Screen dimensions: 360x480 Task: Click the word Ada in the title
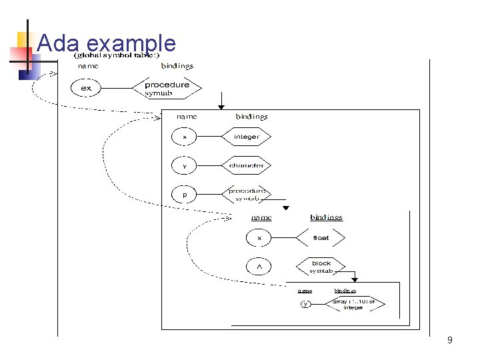coord(59,43)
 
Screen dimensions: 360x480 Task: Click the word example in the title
coord(131,44)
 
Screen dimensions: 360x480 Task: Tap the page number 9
coord(450,341)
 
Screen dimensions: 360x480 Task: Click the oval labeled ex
coord(87,88)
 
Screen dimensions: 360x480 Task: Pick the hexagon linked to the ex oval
coord(167,88)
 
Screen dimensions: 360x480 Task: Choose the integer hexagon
coord(246,137)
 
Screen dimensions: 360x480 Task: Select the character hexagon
coord(246,165)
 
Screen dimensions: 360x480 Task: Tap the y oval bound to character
coord(185,165)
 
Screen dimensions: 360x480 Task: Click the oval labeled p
coord(185,195)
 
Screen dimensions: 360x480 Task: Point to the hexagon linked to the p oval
coord(246,194)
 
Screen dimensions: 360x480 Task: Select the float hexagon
coord(321,237)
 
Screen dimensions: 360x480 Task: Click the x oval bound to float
coord(259,237)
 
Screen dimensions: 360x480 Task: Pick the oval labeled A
coord(259,267)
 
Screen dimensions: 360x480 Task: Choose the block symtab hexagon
coord(321,267)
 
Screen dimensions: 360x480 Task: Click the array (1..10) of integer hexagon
coord(358,304)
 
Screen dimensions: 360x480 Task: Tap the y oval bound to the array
coord(305,304)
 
